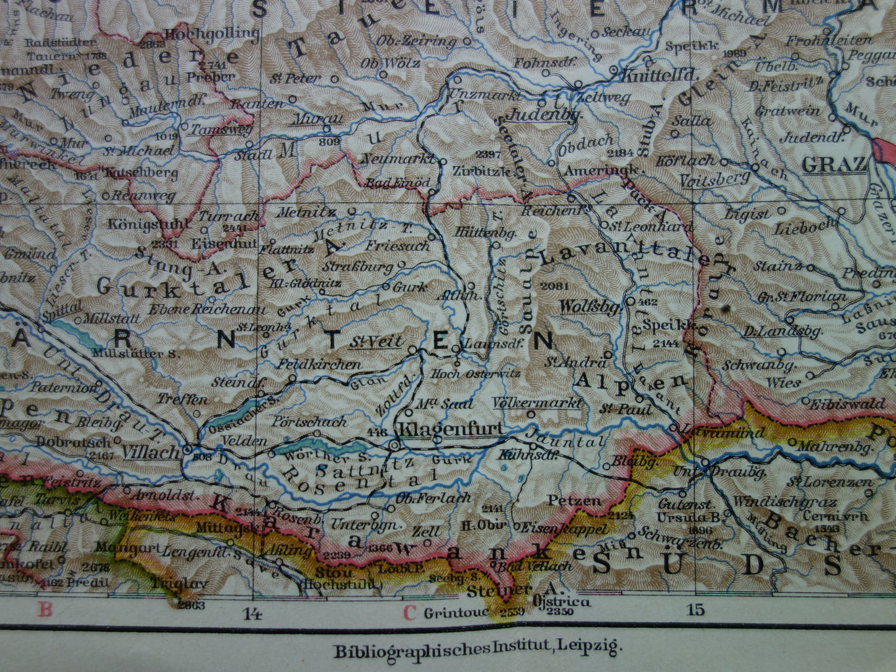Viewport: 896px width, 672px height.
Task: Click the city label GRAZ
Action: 833,165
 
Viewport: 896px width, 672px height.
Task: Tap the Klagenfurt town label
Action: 450,429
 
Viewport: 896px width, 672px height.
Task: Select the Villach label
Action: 151,452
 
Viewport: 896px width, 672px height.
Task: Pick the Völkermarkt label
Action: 537,403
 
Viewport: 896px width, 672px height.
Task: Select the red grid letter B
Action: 45,610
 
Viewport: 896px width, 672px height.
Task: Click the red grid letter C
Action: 409,613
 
